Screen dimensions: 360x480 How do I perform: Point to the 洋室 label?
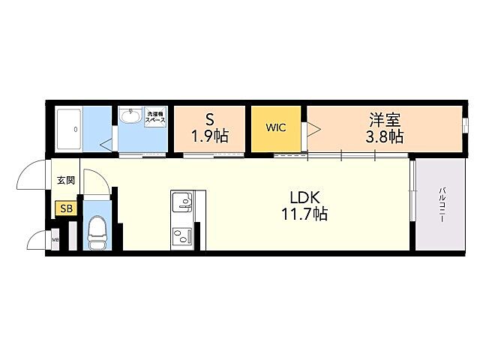click(385, 119)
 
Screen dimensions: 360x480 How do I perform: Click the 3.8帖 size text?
click(385, 136)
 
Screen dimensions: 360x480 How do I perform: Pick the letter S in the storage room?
click(209, 119)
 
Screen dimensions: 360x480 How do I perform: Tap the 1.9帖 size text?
click(209, 136)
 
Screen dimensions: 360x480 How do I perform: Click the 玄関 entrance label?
click(65, 181)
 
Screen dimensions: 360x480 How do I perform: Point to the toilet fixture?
click(97, 232)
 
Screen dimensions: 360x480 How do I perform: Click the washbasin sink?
click(130, 116)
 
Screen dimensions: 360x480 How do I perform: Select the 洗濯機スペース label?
click(156, 116)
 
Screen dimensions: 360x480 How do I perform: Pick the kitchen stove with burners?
click(181, 238)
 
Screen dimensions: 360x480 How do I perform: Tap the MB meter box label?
click(55, 241)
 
